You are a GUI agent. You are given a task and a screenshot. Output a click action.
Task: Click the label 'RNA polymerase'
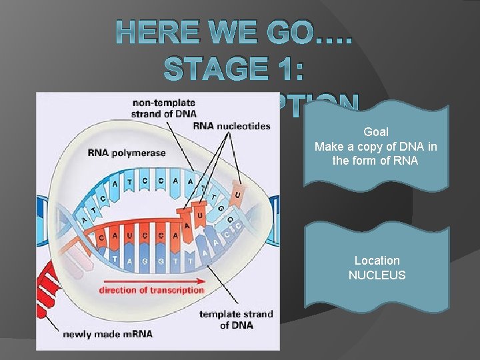click(x=127, y=153)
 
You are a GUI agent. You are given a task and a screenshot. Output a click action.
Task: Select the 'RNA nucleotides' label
click(x=231, y=126)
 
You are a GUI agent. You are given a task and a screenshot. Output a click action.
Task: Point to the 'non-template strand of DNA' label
click(x=164, y=108)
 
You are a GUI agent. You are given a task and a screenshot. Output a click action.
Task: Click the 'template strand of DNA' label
click(x=236, y=319)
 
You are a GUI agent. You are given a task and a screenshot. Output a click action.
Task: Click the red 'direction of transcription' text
click(x=151, y=290)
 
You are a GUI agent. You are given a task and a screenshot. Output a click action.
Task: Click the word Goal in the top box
click(x=376, y=132)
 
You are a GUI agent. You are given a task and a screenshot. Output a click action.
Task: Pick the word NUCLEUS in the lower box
click(x=377, y=275)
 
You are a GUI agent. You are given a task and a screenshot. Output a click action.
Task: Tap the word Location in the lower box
click(x=377, y=261)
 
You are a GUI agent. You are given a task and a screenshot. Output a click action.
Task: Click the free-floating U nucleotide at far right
click(x=237, y=194)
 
